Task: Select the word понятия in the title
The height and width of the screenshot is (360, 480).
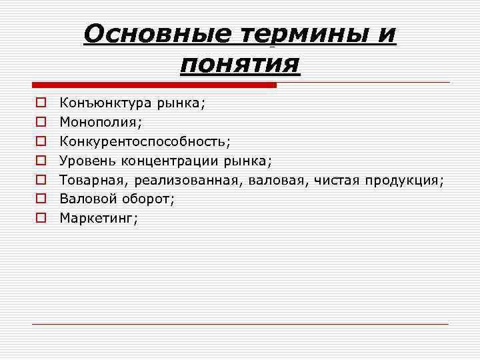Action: point(240,65)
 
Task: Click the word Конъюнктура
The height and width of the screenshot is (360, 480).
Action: point(105,103)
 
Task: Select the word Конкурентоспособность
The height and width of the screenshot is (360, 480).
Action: point(143,141)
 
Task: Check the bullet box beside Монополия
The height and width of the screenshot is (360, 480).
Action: point(41,122)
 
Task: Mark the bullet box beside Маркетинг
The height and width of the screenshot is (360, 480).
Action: point(41,217)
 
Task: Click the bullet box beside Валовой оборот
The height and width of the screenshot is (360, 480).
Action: point(41,198)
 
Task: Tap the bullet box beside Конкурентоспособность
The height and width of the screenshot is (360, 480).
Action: point(41,141)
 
